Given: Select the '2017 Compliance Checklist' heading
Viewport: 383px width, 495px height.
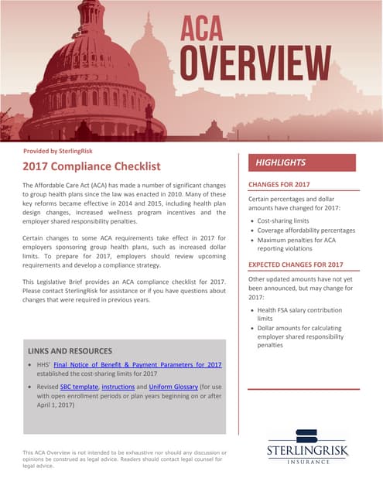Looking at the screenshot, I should click(x=91, y=166).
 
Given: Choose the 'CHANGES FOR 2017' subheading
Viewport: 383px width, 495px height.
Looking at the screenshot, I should click(x=279, y=185).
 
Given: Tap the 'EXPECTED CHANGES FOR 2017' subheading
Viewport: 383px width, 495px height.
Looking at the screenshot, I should click(x=296, y=265).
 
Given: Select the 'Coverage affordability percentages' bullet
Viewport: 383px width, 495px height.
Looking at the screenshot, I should click(x=306, y=230).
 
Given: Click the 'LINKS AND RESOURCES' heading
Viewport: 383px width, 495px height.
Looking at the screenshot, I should click(x=72, y=351).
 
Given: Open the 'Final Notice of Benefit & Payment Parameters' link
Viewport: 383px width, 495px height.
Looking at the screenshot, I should click(x=138, y=364).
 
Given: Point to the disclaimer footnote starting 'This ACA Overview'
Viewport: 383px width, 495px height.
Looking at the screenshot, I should click(x=124, y=459).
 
